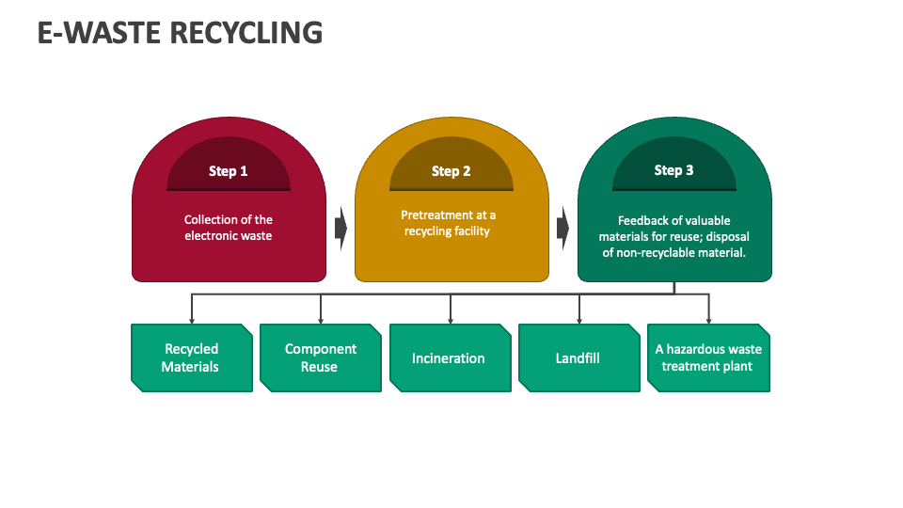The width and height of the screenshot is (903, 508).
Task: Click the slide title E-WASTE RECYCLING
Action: click(180, 32)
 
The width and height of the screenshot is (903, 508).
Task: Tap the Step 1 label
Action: click(229, 171)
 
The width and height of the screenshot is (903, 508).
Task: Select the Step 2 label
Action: click(451, 171)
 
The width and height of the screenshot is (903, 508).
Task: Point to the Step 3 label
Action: click(673, 170)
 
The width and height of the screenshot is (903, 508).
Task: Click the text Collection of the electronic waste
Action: click(229, 228)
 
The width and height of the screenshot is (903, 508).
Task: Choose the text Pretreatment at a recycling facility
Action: click(448, 223)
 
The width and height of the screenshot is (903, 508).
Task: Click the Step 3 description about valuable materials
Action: click(673, 236)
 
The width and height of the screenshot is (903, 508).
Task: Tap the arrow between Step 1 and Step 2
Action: click(341, 227)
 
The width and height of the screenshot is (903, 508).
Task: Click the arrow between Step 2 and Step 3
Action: click(562, 227)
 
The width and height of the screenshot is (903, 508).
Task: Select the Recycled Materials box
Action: click(191, 357)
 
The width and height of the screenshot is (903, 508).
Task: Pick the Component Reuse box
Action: click(320, 357)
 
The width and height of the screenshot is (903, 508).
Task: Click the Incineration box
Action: click(449, 357)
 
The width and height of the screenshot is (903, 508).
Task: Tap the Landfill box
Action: click(578, 357)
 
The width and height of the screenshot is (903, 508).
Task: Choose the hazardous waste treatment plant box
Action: click(708, 357)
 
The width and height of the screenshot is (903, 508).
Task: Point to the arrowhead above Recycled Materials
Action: click(192, 320)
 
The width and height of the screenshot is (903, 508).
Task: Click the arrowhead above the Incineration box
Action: click(450, 320)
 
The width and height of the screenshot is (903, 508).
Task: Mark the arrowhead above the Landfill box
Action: click(578, 320)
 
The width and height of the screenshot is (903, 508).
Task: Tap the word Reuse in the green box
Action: click(319, 367)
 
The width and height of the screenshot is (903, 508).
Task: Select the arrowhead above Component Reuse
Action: click(321, 320)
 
